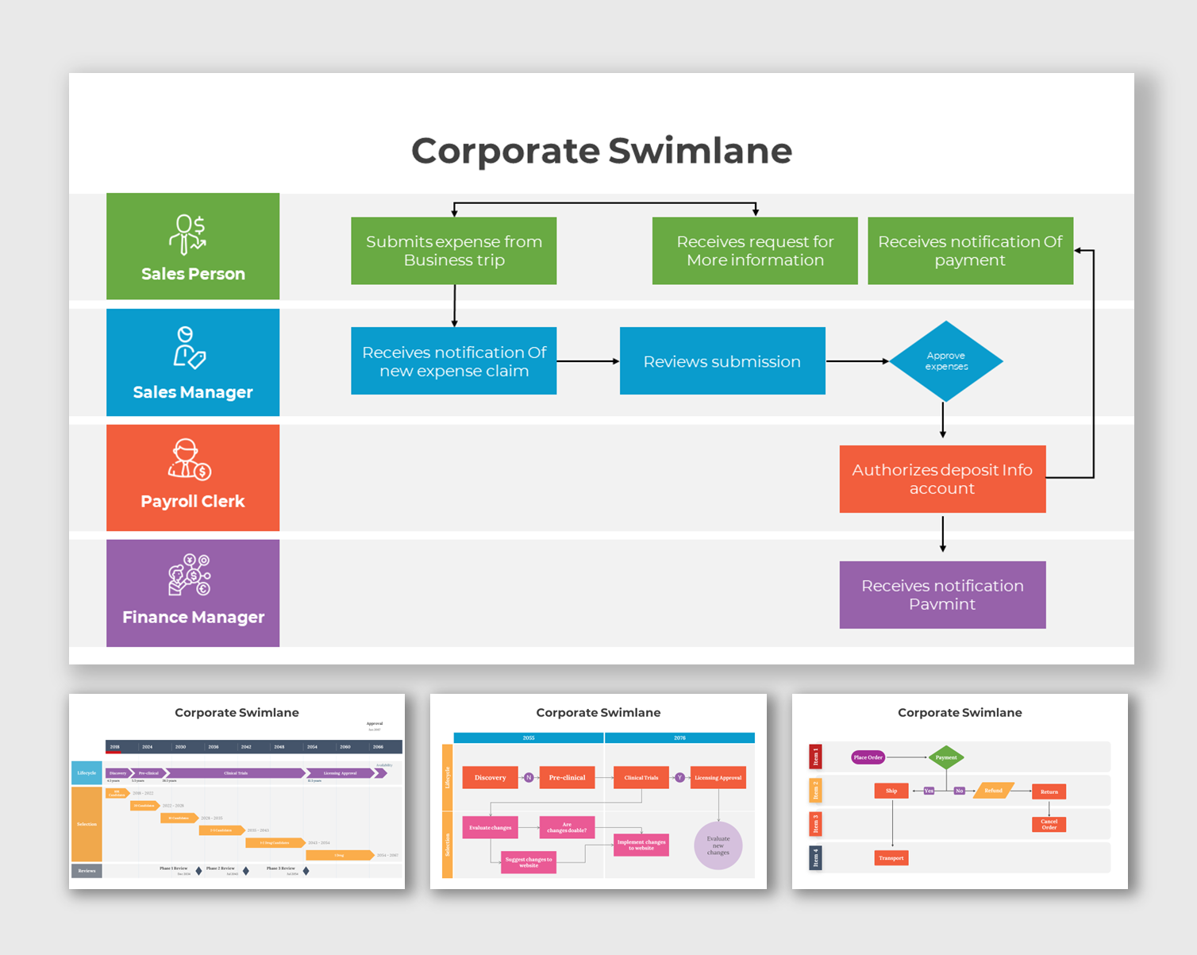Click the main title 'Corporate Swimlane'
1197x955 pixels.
pos(601,151)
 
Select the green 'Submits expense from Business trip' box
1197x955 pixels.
pos(453,251)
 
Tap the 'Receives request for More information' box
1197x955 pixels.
pos(754,251)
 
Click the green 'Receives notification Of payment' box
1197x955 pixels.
pos(969,251)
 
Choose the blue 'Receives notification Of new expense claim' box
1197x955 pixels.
pos(453,361)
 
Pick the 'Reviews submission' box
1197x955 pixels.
pos(722,361)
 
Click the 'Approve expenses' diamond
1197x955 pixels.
pos(945,361)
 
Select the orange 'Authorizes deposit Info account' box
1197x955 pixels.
pos(941,479)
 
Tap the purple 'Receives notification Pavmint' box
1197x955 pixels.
pos(941,595)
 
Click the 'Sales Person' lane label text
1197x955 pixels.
pos(193,274)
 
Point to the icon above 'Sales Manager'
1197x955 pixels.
pos(189,348)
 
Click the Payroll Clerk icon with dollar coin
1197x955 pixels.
pos(189,460)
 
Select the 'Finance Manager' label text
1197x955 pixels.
pos(193,617)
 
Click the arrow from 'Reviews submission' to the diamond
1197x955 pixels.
pos(856,361)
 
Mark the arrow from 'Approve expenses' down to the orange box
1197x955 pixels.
pos(942,420)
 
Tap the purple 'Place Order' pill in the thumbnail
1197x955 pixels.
pos(868,757)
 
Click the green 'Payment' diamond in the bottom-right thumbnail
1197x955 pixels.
pos(945,757)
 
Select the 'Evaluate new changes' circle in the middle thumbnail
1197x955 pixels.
pos(718,845)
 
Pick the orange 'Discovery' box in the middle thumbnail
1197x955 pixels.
pos(490,777)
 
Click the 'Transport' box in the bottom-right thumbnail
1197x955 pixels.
pos(891,857)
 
